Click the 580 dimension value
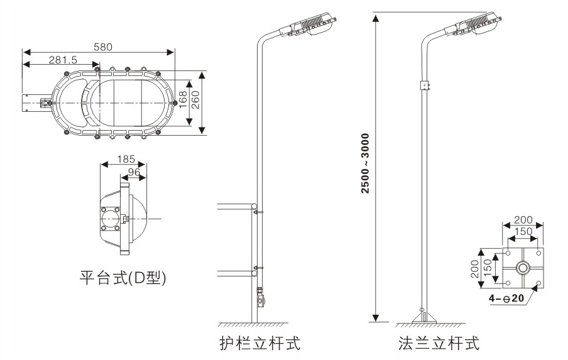(x=104, y=47)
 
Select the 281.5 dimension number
(x=62, y=60)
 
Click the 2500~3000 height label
(x=365, y=163)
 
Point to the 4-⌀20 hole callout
(x=506, y=298)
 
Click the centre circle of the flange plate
(x=522, y=268)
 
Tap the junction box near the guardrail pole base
(x=261, y=297)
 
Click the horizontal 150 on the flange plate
(x=522, y=232)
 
